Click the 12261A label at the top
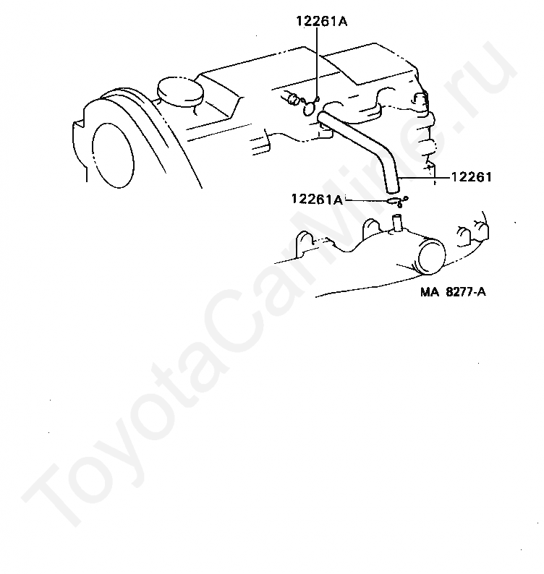321,21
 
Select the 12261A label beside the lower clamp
317,199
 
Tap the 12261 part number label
471,176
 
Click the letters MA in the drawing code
430,294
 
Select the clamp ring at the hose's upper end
310,108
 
